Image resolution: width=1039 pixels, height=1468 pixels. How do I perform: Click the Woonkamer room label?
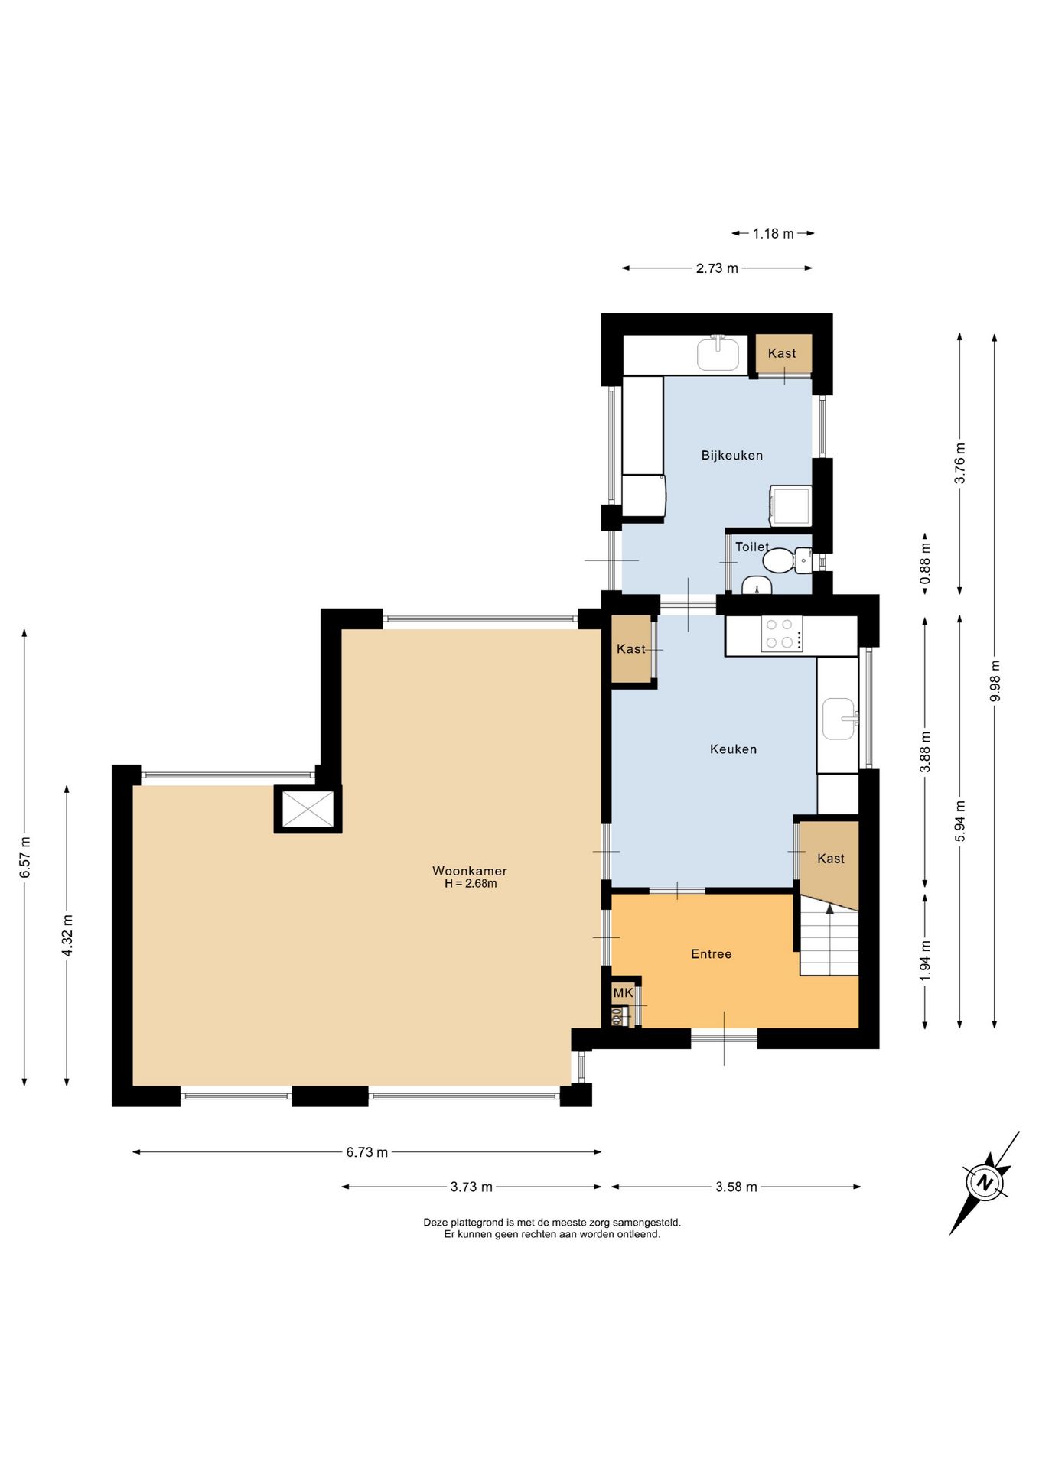pos(469,871)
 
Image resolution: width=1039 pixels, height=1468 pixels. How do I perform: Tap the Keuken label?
pos(733,749)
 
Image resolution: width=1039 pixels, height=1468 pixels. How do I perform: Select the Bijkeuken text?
pos(732,456)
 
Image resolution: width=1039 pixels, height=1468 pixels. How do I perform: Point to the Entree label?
pos(711,954)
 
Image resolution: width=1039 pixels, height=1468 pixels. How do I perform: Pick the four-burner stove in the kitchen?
pos(781,634)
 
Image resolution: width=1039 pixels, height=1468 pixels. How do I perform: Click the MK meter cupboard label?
pos(623,992)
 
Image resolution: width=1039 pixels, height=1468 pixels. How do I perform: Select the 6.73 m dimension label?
pos(367,1152)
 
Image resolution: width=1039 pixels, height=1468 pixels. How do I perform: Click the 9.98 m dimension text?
pos(995,680)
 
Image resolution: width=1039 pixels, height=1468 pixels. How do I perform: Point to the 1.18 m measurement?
pos(773,233)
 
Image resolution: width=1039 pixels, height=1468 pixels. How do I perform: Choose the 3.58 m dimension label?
pos(736,1187)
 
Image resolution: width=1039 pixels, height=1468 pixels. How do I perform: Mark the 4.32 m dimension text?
pos(67,935)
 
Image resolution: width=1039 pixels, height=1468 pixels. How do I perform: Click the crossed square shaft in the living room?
pos(308,810)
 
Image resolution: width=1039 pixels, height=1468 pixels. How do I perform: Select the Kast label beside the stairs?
pos(830,859)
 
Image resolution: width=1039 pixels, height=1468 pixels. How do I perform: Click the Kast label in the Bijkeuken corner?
pos(782,353)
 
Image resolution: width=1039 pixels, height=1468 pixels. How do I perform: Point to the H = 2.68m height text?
pos(471,884)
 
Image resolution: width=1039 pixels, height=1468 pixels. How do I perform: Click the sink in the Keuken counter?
pos(839,719)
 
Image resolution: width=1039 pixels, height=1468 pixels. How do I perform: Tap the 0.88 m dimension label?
pos(925,563)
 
